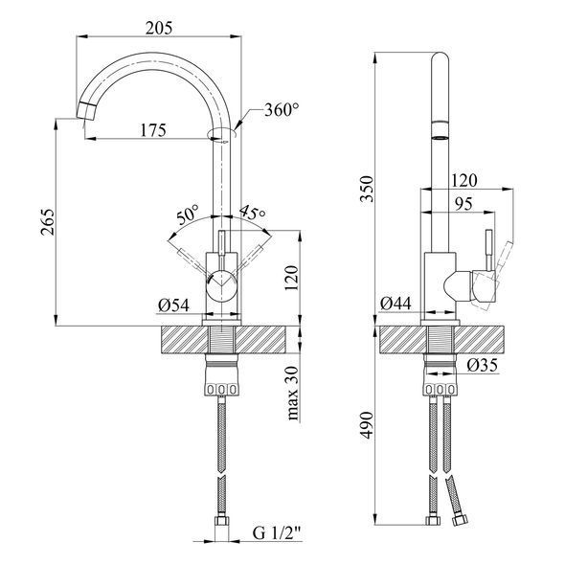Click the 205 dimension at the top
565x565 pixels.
click(x=159, y=28)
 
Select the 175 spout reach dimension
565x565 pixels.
click(x=153, y=130)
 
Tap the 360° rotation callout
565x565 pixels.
click(x=282, y=109)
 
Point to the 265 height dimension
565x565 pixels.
click(x=48, y=222)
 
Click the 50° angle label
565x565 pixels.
click(x=188, y=215)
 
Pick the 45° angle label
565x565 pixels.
click(x=253, y=213)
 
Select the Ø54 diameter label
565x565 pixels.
click(x=173, y=305)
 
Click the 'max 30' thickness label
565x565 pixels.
click(x=293, y=394)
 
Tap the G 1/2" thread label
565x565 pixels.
click(x=277, y=533)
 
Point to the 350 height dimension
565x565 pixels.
click(x=367, y=189)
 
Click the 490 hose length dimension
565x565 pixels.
click(x=367, y=425)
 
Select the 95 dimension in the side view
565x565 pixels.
click(x=463, y=204)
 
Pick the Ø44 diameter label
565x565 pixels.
click(x=395, y=304)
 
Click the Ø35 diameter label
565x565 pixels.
click(x=482, y=366)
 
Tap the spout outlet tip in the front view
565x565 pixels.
click(x=86, y=111)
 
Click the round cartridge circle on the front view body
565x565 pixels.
click(x=221, y=284)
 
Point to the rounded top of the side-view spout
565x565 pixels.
click(x=440, y=56)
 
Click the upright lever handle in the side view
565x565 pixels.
click(x=489, y=250)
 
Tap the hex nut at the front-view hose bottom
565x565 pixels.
click(x=221, y=521)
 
